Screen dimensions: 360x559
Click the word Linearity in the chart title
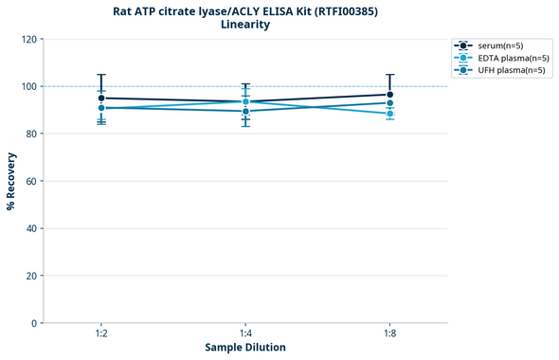[x=244, y=25]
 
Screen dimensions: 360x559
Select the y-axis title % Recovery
[x=11, y=181]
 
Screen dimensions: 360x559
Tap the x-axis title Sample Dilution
[x=245, y=348]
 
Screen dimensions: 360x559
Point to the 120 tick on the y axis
[x=28, y=39]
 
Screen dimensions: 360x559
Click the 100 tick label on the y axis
[x=28, y=86]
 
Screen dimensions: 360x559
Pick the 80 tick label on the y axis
[x=31, y=134]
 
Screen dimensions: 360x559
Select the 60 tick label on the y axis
[x=31, y=181]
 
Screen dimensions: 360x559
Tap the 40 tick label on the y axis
[x=31, y=228]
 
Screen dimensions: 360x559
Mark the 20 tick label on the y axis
[x=31, y=276]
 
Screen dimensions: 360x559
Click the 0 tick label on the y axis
[x=34, y=323]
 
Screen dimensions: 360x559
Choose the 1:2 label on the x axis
[x=101, y=333]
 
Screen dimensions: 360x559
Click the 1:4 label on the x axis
[x=245, y=333]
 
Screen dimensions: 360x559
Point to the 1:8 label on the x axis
[x=390, y=333]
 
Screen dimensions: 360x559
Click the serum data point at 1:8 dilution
[x=390, y=95]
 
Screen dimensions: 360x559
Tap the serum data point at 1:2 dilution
[x=101, y=98]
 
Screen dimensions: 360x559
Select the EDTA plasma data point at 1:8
[x=390, y=114]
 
